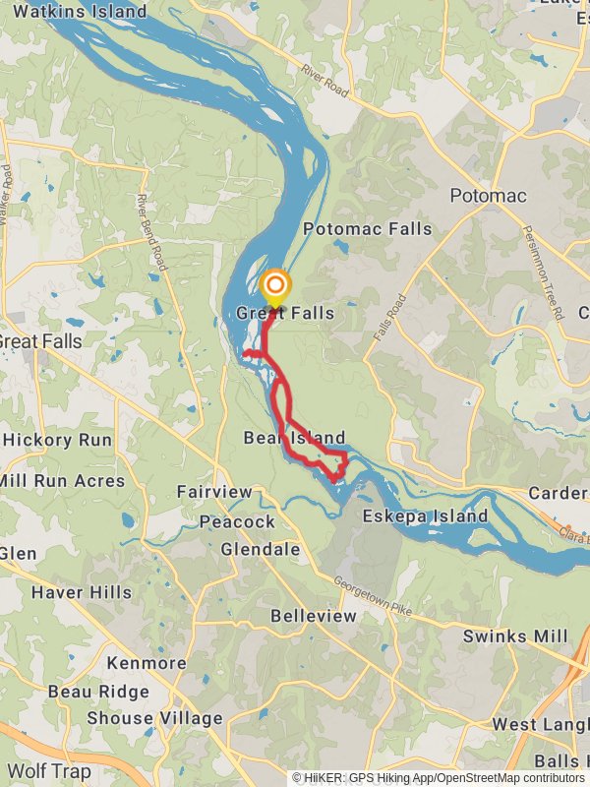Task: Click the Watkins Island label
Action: click(81, 13)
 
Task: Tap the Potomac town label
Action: click(488, 196)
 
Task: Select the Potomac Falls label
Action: click(368, 229)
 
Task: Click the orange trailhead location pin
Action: click(276, 287)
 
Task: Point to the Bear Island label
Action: click(294, 438)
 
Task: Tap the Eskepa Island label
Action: click(425, 516)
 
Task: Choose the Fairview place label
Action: click(214, 492)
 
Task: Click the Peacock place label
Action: click(237, 521)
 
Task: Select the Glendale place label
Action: click(261, 549)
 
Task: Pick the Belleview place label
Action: click(314, 616)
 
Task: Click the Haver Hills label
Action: click(81, 592)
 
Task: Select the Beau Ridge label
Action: click(98, 692)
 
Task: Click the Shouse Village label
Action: click(154, 718)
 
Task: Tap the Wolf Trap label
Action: click(47, 770)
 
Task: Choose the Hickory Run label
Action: click(57, 440)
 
